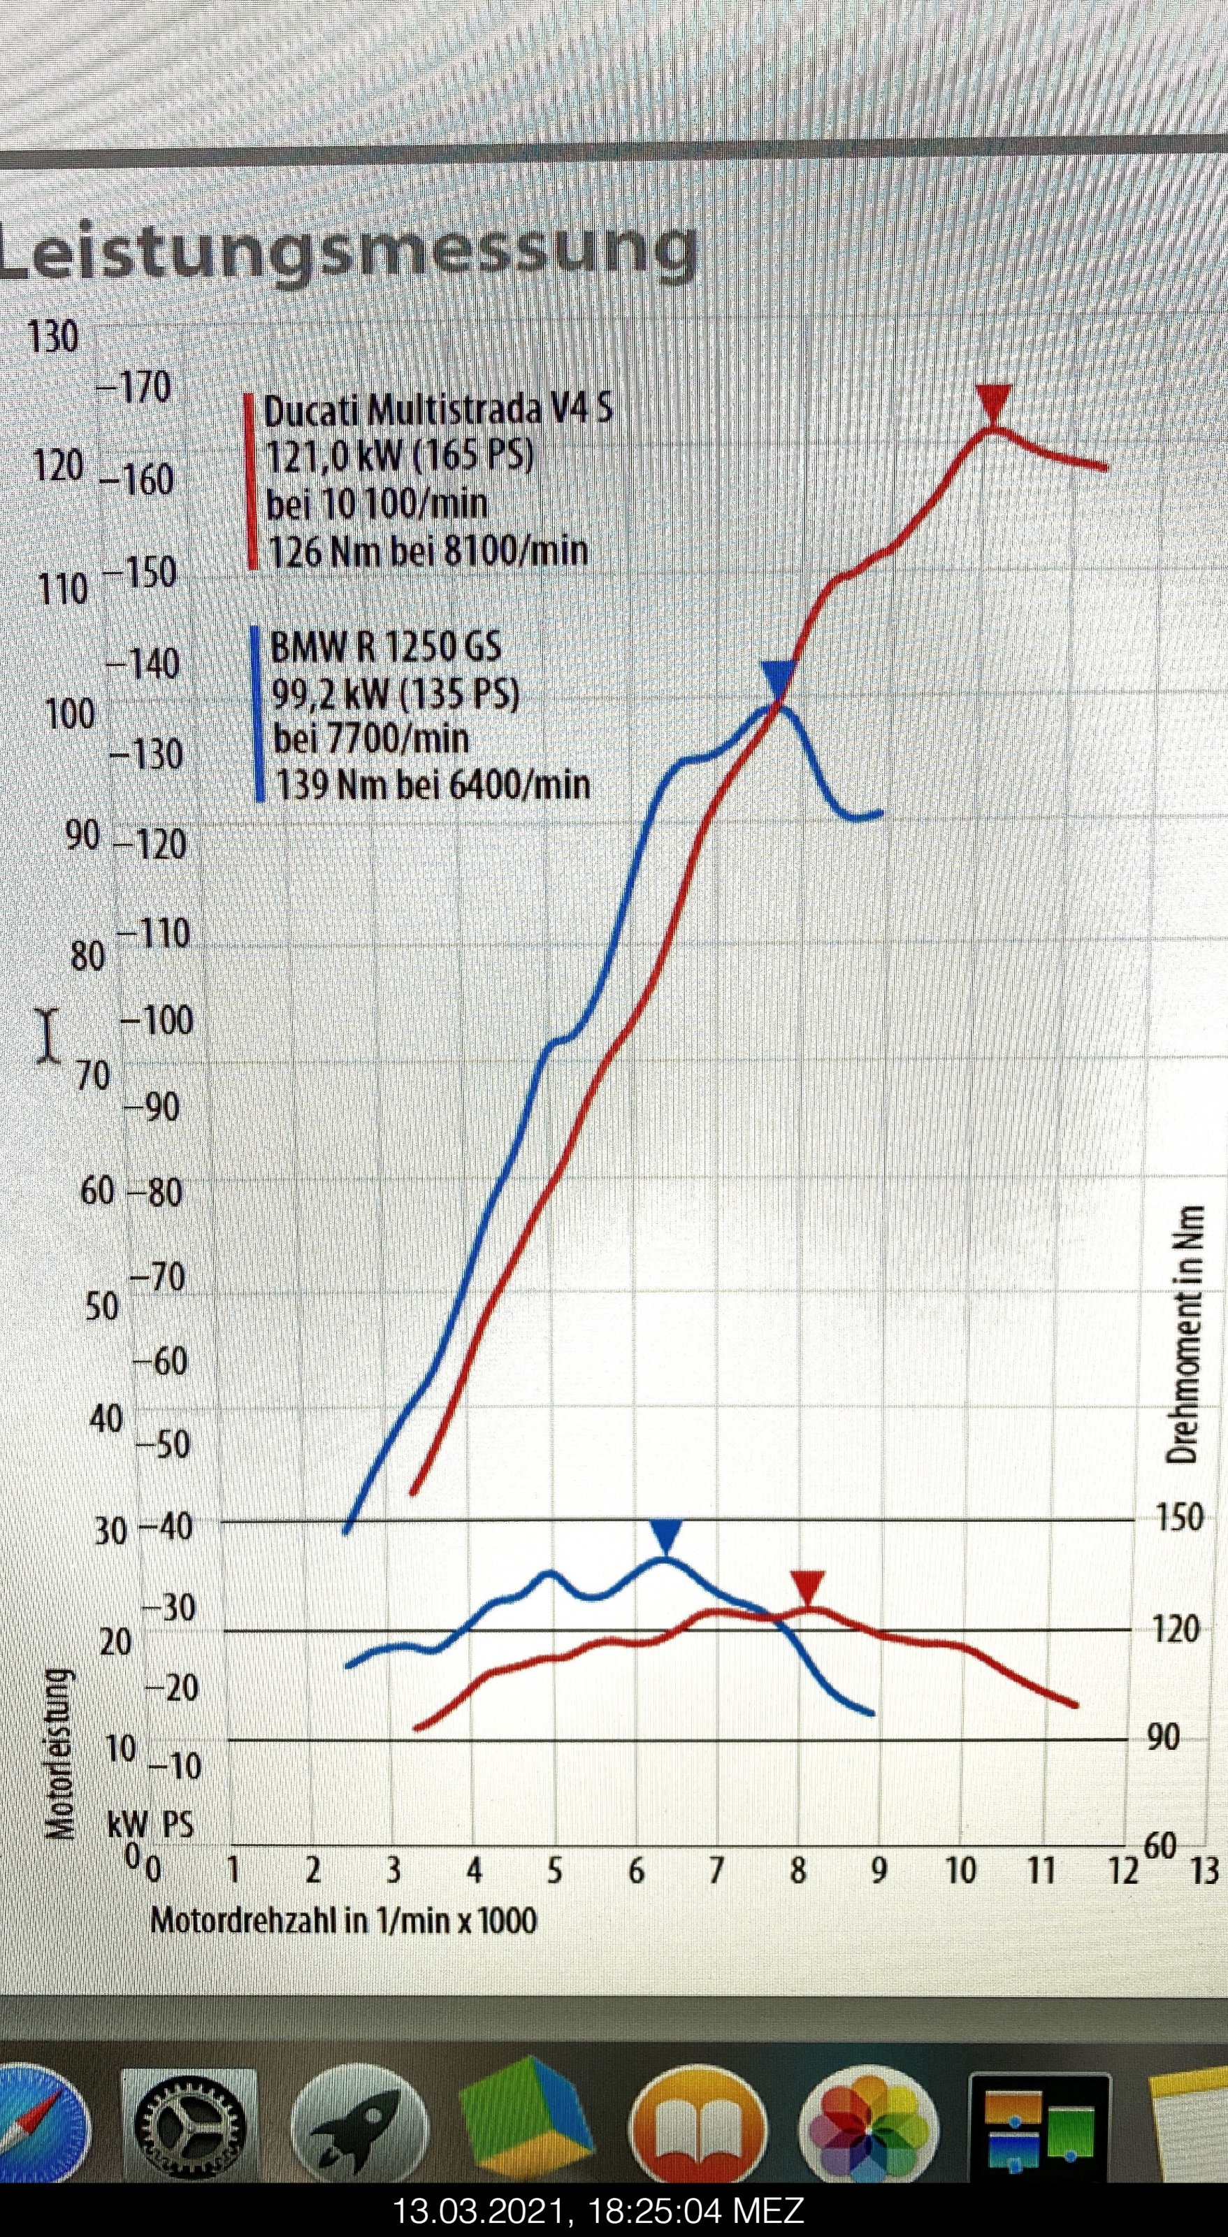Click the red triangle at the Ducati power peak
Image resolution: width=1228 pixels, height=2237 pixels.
tap(992, 401)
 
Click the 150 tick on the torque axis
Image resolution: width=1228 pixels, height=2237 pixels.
tap(1179, 1517)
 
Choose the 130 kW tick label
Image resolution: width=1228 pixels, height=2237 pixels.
tap(53, 337)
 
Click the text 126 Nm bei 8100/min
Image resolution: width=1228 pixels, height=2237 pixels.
tap(427, 551)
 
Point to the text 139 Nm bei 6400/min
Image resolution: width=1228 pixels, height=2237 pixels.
tap(433, 784)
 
